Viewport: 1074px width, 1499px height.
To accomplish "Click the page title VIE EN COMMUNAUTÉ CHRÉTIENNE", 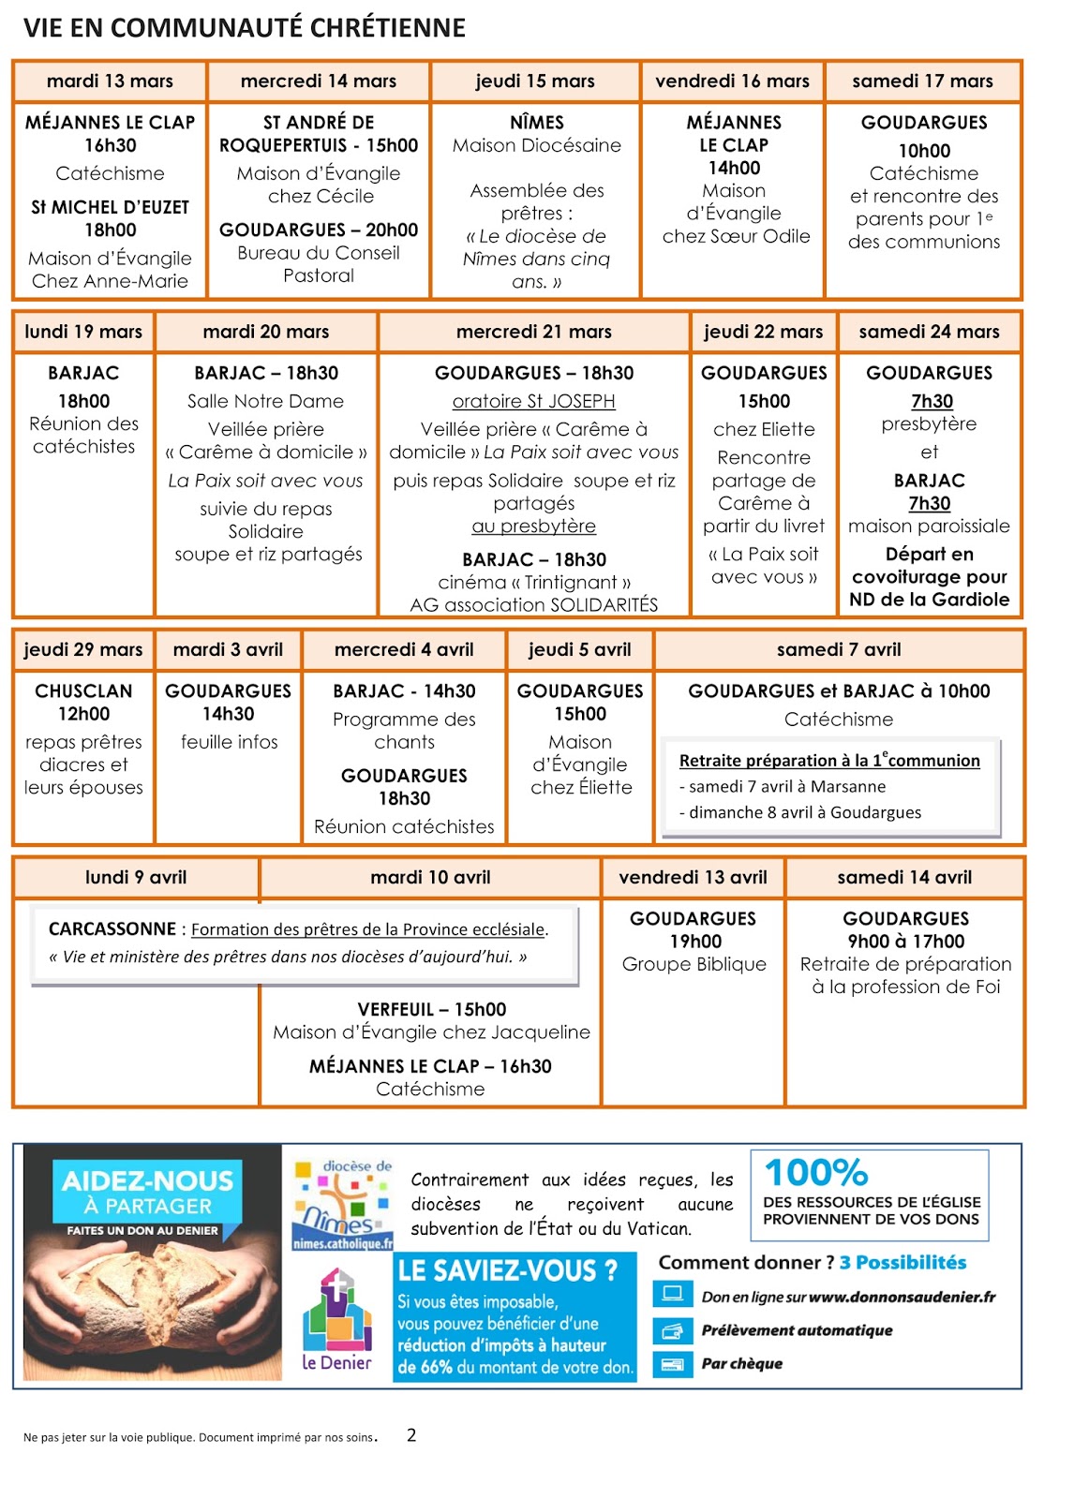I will click(245, 28).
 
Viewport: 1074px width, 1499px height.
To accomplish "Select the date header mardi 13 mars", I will click(110, 82).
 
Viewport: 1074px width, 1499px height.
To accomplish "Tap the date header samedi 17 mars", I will click(922, 82).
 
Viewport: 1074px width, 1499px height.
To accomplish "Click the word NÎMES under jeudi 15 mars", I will click(537, 123).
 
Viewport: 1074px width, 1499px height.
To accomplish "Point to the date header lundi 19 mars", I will click(83, 332).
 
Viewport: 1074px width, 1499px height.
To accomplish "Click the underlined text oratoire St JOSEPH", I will click(533, 401).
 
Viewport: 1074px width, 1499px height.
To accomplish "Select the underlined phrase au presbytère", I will click(533, 527).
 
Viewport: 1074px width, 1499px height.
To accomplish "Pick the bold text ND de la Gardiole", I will click(929, 600).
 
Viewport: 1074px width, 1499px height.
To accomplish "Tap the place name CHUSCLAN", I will click(83, 691).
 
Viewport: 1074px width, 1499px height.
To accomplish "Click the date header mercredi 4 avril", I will click(404, 650).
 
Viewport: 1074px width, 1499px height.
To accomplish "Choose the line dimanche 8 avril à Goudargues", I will click(805, 812).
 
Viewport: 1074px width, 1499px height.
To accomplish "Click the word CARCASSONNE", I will click(112, 929).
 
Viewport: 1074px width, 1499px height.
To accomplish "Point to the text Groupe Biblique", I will click(694, 964).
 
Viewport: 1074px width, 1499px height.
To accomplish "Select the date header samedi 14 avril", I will click(904, 878).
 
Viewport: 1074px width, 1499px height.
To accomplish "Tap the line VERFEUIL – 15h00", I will click(431, 1010).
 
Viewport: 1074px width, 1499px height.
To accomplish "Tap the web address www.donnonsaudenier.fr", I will click(902, 1298).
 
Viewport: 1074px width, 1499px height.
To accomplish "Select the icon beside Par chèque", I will click(671, 1363).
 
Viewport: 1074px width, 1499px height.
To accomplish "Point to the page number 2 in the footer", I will click(411, 1435).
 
